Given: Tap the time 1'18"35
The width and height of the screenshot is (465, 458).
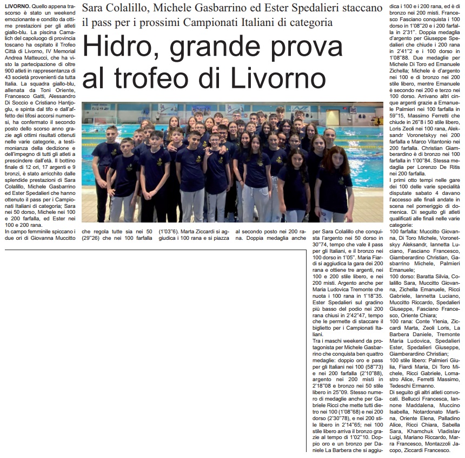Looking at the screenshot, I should click(x=371, y=297).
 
